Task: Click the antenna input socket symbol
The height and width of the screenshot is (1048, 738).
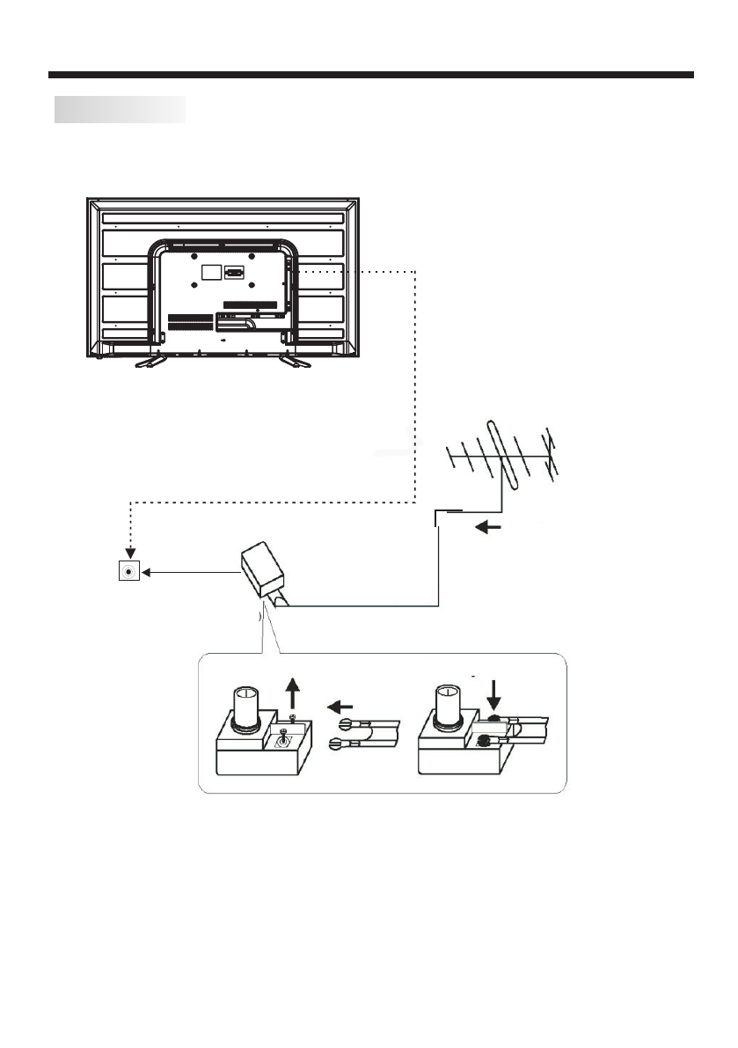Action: tap(130, 571)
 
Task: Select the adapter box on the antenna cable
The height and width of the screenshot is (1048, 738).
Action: tap(263, 571)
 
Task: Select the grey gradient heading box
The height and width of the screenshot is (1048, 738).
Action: tap(120, 109)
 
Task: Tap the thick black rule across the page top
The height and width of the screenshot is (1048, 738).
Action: tap(370, 75)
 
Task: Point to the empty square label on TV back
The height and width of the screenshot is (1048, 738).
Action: tap(210, 272)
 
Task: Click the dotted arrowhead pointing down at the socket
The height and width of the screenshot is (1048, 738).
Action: tap(130, 553)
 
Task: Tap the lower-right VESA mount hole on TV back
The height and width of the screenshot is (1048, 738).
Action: tap(252, 286)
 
